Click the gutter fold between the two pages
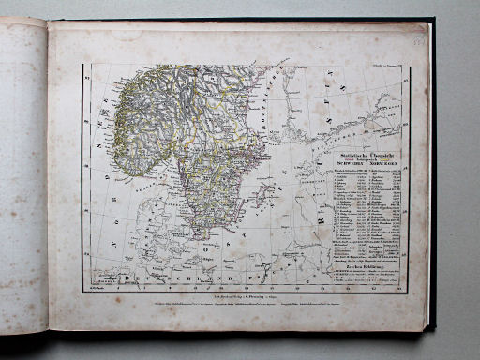point(49,178)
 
